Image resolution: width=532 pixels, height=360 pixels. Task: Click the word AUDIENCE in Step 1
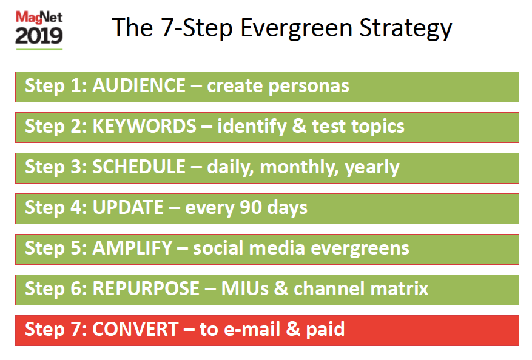[138, 85]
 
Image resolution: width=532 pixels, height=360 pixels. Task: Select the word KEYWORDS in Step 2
[144, 126]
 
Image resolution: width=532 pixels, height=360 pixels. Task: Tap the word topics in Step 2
[375, 126]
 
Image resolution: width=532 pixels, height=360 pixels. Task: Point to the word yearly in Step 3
[372, 167]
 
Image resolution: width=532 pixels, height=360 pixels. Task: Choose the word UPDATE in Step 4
[127, 207]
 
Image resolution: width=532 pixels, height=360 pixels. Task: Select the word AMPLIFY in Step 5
[132, 248]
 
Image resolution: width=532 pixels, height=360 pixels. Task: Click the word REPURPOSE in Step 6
[145, 288]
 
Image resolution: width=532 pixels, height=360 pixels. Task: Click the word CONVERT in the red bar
[135, 329]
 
